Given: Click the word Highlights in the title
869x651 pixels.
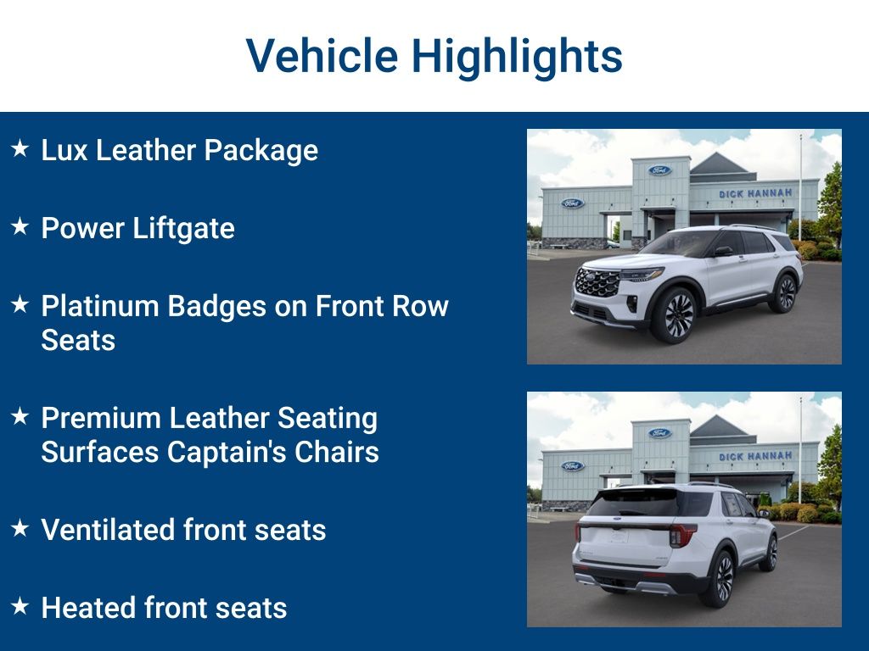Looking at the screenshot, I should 517,57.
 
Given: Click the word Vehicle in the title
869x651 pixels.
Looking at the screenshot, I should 322,57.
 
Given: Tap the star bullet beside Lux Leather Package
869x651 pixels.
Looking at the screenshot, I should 20,149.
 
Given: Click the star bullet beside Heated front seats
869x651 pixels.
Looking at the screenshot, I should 20,606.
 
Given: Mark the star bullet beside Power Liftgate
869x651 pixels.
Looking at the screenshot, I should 20,227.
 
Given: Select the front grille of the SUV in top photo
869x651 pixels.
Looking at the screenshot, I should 597,282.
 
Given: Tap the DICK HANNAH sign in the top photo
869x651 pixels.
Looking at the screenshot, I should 755,193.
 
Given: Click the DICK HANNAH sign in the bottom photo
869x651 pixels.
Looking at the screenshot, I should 755,456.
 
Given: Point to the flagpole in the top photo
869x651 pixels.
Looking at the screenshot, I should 799,186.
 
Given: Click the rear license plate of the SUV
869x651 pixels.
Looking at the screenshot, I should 618,535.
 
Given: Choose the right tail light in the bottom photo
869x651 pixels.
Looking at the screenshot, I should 681,536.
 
